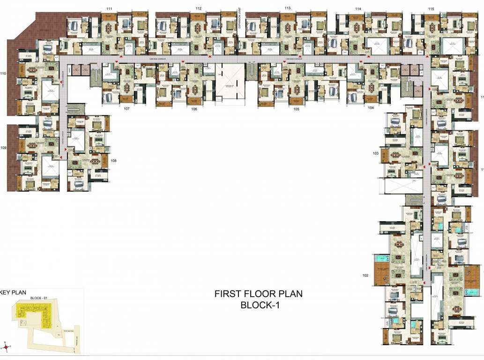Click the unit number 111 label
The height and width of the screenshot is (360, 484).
click(x=109, y=9)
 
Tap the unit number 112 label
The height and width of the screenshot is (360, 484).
click(x=199, y=9)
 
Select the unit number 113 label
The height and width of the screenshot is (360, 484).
click(x=287, y=8)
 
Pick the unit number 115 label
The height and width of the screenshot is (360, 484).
click(x=431, y=9)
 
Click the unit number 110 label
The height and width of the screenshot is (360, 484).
click(x=3, y=74)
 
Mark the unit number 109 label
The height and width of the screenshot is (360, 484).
click(x=3, y=148)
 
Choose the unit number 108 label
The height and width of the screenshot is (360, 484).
click(x=113, y=160)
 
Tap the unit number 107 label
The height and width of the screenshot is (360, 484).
click(x=127, y=109)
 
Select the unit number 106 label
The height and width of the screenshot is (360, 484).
click(x=194, y=109)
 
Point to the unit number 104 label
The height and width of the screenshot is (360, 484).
click(x=371, y=108)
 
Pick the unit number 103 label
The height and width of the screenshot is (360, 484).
click(x=375, y=153)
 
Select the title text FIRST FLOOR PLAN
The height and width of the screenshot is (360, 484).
click(x=258, y=294)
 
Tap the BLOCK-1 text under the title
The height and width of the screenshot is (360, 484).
click(x=259, y=305)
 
